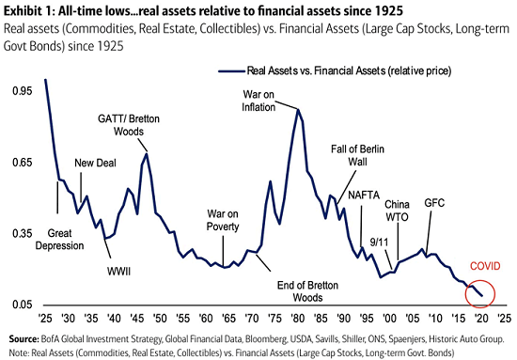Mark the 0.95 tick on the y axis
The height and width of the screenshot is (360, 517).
click(x=21, y=93)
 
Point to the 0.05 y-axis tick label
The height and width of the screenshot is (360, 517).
click(x=21, y=305)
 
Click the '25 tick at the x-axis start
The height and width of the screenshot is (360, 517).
click(x=44, y=319)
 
